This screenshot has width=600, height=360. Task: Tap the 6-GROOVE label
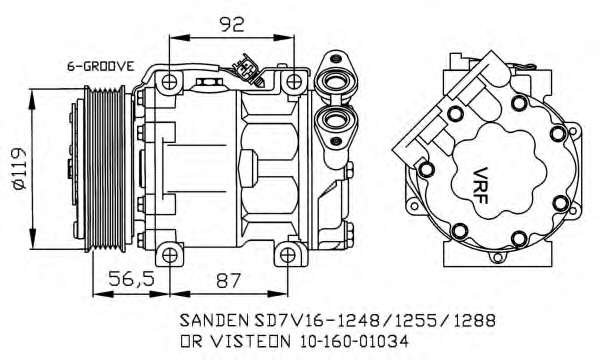[100, 65]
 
